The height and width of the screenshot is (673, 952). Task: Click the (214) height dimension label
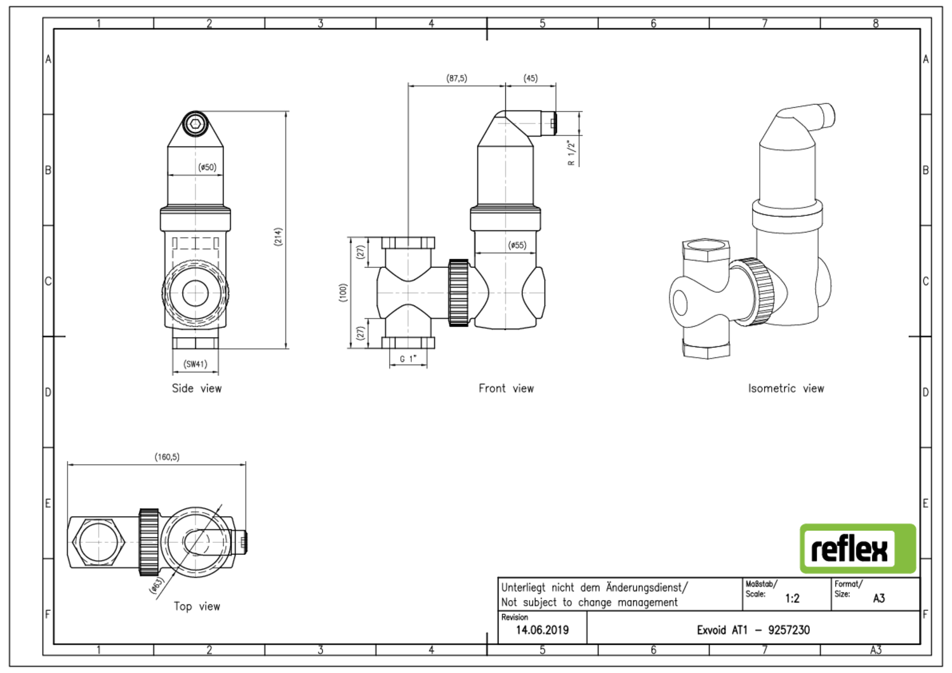[x=279, y=237]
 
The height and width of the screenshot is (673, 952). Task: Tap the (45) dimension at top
[x=531, y=78]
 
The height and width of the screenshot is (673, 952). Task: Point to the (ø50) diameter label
[x=208, y=167]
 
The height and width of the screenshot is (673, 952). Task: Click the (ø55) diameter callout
[x=517, y=245]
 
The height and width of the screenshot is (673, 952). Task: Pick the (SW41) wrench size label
[x=195, y=364]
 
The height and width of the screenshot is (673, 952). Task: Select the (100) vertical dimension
[x=343, y=293]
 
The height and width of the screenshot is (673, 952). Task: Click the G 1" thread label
[x=408, y=359]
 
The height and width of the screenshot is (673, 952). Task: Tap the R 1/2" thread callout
[x=571, y=152]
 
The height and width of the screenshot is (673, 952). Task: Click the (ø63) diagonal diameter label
[x=156, y=585]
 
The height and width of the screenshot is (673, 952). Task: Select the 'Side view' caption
[x=197, y=389]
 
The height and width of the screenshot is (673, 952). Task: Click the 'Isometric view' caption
[x=786, y=389]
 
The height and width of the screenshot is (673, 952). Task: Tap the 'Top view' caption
[x=197, y=606]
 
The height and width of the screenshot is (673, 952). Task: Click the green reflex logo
[x=857, y=549]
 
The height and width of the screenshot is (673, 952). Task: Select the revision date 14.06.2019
[x=542, y=630]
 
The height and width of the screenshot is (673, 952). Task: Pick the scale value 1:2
[x=792, y=598]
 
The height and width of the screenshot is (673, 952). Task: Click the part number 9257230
[x=789, y=630]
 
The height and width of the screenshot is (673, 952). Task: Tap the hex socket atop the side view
[x=195, y=124]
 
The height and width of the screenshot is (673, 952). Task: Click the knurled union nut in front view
[x=459, y=293]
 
